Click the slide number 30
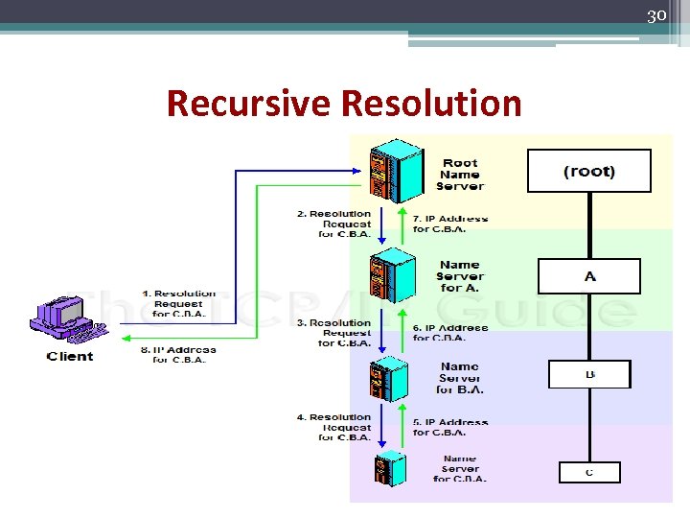tap(656, 15)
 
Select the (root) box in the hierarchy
tap(588, 171)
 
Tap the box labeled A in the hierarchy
tap(588, 276)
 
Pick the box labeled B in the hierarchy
tap(588, 374)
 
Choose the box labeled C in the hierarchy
tap(589, 472)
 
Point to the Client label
tap(70, 357)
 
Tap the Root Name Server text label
tap(461, 175)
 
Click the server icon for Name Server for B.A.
tap(389, 377)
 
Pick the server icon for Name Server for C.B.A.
tap(389, 468)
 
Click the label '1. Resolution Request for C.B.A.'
tap(178, 303)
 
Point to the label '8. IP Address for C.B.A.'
tap(178, 355)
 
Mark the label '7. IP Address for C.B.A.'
tap(449, 224)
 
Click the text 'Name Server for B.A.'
tap(460, 378)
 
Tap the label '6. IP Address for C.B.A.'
tap(449, 333)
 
